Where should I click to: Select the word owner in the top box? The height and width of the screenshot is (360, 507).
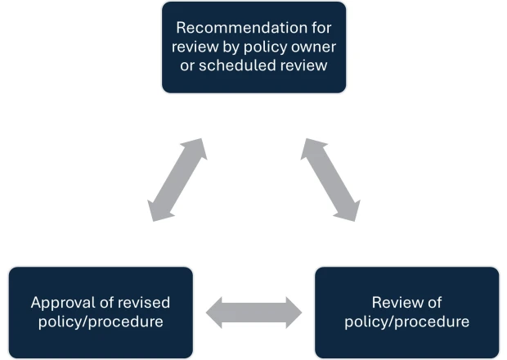coord(315,46)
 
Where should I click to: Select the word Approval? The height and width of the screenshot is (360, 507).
coord(61,302)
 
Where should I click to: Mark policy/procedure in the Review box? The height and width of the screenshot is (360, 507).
coord(407,321)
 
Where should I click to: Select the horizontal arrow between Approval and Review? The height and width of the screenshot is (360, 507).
coord(253,312)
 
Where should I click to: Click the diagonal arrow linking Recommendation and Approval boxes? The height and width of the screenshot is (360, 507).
coord(177,180)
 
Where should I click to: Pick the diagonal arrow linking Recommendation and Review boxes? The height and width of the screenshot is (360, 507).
coord(330,180)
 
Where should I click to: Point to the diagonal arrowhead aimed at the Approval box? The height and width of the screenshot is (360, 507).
coord(158,212)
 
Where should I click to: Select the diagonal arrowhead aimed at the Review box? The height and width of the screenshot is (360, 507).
coord(349,212)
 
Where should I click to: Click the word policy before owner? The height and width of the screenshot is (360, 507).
coord(276,46)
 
